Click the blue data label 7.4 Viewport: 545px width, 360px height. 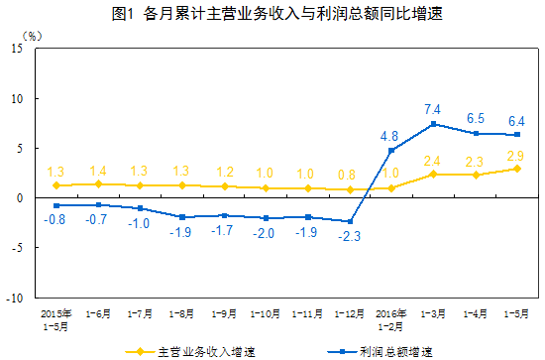click(432, 106)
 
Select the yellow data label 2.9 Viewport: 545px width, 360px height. click(515, 156)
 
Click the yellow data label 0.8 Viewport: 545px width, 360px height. click(348, 175)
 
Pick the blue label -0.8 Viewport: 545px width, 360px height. click(55, 219)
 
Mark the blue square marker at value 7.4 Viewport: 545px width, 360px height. click(433, 124)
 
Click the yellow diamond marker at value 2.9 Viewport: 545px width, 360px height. click(515, 169)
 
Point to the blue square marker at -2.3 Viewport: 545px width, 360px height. click(349, 221)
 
